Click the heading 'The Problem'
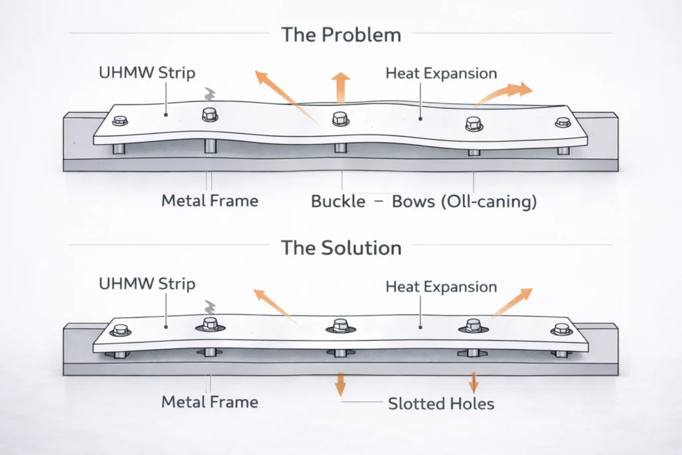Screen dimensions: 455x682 pyautogui.click(x=341, y=34)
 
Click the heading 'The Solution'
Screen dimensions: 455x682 pyautogui.click(x=341, y=248)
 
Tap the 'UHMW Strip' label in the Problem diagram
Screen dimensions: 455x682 pyautogui.click(x=147, y=72)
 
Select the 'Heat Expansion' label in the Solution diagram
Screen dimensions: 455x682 pyautogui.click(x=441, y=287)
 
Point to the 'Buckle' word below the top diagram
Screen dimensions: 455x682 pyautogui.click(x=338, y=201)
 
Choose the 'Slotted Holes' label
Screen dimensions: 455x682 pyautogui.click(x=441, y=403)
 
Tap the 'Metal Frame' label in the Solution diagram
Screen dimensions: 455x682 pyautogui.click(x=210, y=402)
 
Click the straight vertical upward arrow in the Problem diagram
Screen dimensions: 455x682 pyautogui.click(x=340, y=87)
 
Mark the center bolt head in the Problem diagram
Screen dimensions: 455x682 pyautogui.click(x=340, y=118)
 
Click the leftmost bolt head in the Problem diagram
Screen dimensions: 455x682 pyautogui.click(x=121, y=121)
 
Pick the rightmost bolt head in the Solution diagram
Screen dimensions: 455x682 pyautogui.click(x=561, y=328)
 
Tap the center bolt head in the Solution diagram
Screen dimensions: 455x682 pyautogui.click(x=340, y=326)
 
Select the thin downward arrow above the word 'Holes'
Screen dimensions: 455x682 pyautogui.click(x=473, y=382)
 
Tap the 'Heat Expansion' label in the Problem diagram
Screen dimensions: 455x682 pyautogui.click(x=441, y=73)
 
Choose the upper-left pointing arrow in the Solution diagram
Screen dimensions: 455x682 pyautogui.click(x=273, y=302)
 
